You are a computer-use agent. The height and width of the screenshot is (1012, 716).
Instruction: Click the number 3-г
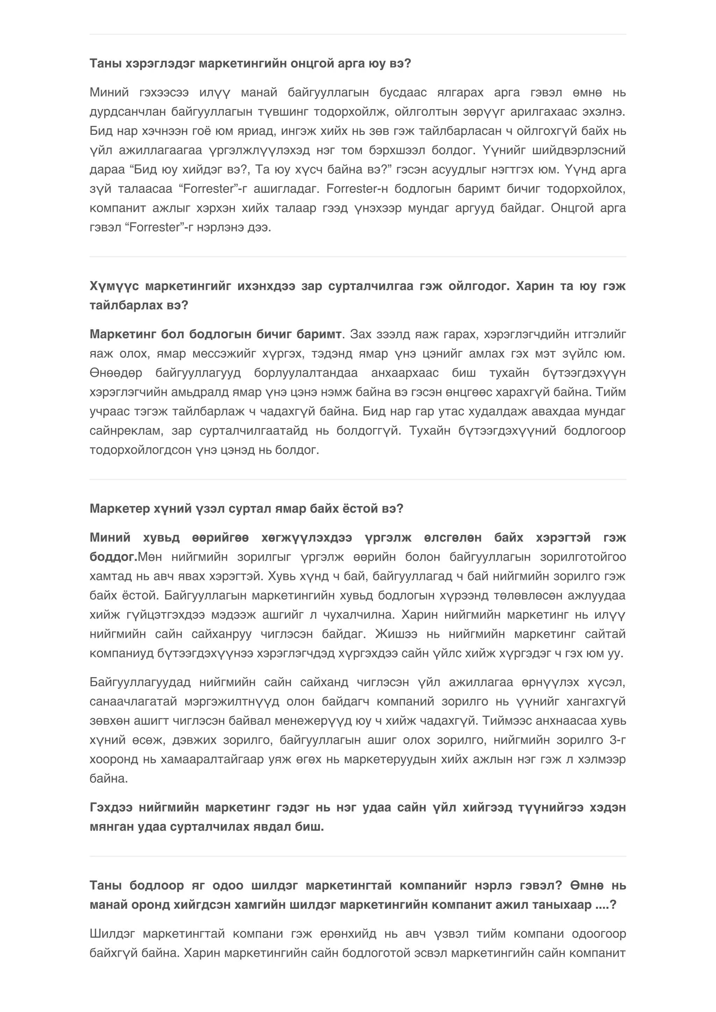618,740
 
